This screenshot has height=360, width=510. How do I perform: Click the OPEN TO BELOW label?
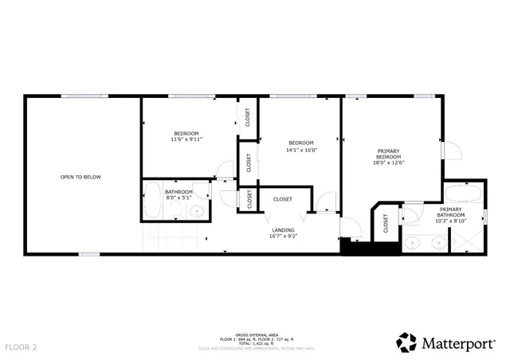coord(80,177)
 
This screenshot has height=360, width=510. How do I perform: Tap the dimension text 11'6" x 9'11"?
coord(186,139)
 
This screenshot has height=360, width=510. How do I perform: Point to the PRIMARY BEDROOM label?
coord(389,154)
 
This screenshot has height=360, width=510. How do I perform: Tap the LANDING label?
coord(283,230)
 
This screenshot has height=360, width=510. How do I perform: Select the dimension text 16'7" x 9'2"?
coord(283,237)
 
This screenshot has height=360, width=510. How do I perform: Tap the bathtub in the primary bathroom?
coord(461,194)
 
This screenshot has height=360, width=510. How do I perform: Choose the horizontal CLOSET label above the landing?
coord(282,199)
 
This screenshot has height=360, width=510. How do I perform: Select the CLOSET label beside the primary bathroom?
coord(386,225)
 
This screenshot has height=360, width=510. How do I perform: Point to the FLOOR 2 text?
coord(21,347)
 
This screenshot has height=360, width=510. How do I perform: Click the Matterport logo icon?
coord(406,342)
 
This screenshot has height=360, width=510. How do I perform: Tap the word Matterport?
coord(460,343)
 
